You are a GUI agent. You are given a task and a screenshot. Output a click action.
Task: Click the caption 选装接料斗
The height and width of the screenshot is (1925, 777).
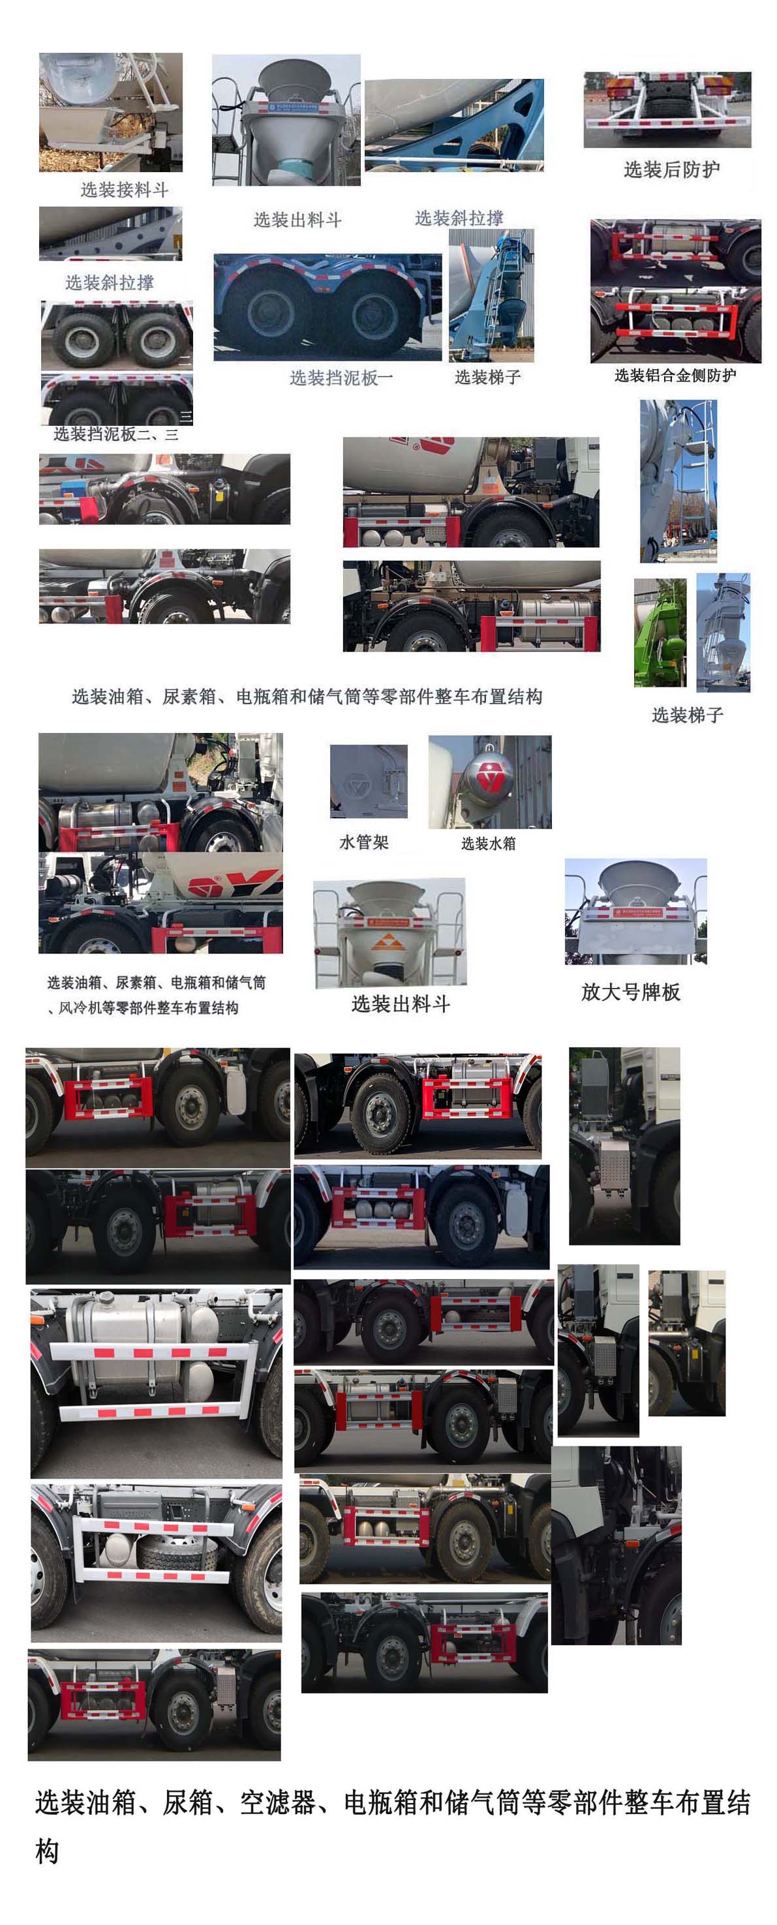[x=124, y=190]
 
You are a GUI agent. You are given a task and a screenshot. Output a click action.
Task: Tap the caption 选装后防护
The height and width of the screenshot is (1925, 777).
[x=671, y=170]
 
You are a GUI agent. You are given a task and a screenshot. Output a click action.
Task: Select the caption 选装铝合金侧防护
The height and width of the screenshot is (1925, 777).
[x=675, y=375]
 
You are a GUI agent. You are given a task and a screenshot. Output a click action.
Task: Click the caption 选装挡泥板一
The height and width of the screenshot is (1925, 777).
[x=341, y=378]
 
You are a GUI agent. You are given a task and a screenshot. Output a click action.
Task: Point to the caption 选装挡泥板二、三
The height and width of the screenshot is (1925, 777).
[x=116, y=434]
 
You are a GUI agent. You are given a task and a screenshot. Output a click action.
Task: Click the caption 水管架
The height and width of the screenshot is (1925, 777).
[x=364, y=843]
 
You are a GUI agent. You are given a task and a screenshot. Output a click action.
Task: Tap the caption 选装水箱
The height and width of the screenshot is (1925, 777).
[x=489, y=844]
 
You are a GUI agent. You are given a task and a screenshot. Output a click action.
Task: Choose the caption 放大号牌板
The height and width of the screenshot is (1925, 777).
[x=630, y=992]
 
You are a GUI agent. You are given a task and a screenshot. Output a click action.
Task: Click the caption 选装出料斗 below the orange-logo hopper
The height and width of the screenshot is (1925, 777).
[x=401, y=1004]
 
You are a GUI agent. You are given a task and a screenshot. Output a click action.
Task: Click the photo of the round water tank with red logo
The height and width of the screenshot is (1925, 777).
[x=490, y=782]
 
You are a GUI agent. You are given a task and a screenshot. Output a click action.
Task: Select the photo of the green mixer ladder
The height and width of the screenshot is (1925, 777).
[x=660, y=632]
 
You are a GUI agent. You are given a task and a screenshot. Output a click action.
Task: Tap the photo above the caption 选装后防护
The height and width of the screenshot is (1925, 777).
[x=667, y=110]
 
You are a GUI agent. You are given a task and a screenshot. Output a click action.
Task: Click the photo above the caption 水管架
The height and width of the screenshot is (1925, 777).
[x=369, y=781]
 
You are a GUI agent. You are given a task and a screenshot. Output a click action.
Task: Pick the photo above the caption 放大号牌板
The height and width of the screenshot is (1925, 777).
[x=635, y=912]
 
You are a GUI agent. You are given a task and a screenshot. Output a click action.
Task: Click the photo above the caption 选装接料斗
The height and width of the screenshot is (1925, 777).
[x=111, y=112]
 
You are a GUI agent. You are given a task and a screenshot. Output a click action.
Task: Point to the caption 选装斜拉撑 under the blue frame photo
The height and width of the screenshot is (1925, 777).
[x=459, y=218]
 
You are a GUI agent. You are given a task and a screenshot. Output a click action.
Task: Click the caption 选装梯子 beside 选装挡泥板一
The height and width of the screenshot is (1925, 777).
[x=487, y=378]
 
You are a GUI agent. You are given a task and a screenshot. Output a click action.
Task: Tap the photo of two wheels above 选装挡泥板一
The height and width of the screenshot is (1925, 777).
[x=328, y=307]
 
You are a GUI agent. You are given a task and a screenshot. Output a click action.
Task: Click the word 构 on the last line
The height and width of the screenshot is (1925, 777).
[x=47, y=1851]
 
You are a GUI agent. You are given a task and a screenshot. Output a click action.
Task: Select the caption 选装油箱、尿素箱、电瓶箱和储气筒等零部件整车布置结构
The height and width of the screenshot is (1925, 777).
[x=307, y=697]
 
